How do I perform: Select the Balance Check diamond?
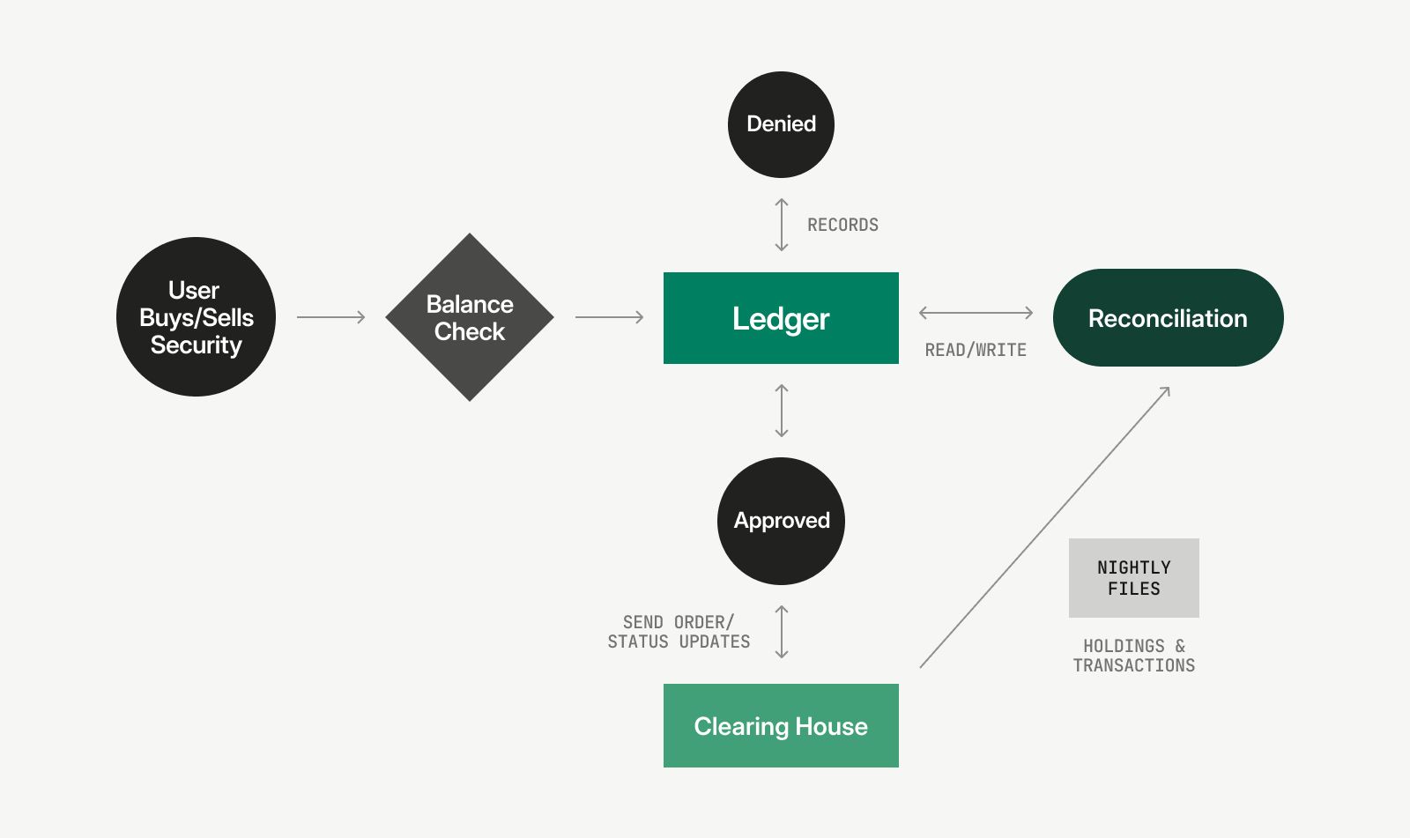point(470,317)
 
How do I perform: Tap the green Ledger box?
point(781,318)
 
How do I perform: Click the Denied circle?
point(781,124)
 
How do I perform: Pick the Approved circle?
point(781,521)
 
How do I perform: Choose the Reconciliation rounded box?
point(1168,318)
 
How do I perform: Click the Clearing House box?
point(781,726)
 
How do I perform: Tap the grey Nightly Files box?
point(1133,578)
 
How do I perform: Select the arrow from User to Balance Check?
point(330,317)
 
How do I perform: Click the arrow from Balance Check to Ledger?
point(609,317)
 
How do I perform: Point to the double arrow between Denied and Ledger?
point(782,225)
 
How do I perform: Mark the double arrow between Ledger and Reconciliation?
point(976,313)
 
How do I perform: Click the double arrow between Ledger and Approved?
point(782,411)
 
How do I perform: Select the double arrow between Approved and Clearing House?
point(782,632)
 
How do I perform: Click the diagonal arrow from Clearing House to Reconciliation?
point(1045,527)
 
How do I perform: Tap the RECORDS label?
point(842,226)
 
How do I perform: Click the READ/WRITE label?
point(976,351)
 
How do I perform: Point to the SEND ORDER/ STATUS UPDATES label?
point(679,633)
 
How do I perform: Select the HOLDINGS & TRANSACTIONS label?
point(1133,656)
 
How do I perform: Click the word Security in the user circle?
point(196,345)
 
